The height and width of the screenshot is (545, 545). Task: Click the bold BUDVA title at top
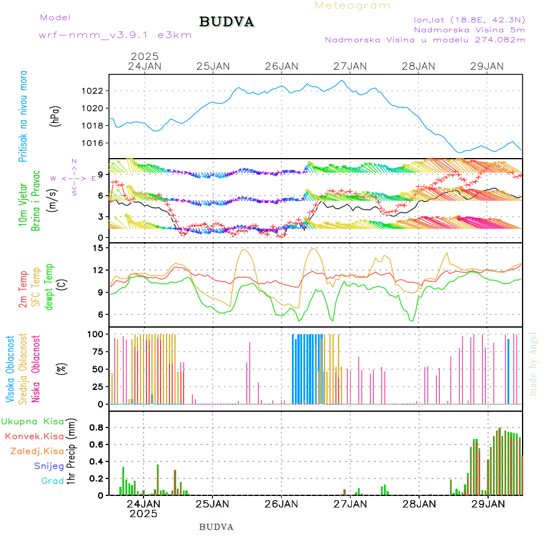tap(226, 22)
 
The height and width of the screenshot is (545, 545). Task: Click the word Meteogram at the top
tap(352, 5)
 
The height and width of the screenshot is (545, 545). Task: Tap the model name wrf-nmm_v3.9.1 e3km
tap(115, 35)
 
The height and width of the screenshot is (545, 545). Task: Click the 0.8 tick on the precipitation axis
tap(96, 427)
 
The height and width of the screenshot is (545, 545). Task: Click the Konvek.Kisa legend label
tap(35, 436)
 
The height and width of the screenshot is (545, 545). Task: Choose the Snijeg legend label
tap(49, 466)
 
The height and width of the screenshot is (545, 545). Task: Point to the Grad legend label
tap(53, 481)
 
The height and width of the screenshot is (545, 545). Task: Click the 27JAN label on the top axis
tap(351, 66)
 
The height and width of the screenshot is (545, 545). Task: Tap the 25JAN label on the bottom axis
tap(213, 504)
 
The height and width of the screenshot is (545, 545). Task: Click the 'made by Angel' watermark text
tap(533, 363)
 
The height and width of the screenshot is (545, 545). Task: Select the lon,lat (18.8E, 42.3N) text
tap(469, 19)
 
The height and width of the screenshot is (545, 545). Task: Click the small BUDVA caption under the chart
tap(216, 527)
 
